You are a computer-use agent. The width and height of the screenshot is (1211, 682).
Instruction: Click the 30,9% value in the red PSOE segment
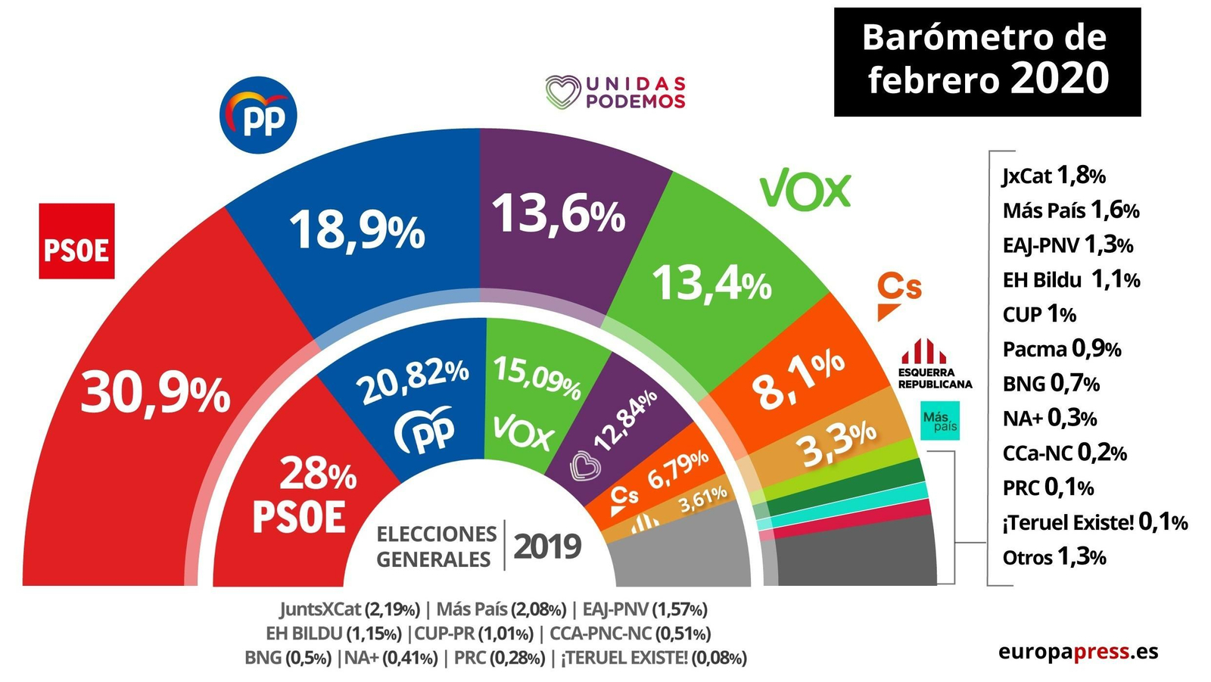(x=155, y=394)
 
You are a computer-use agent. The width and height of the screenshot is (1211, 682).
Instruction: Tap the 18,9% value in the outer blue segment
(x=356, y=229)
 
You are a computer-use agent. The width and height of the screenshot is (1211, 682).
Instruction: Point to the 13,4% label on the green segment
(x=711, y=284)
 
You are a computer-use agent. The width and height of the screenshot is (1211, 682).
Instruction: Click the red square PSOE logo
(x=76, y=241)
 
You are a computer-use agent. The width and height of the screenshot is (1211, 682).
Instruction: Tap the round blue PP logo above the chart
(x=258, y=115)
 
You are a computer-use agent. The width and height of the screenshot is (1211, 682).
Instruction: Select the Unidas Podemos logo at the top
(x=615, y=92)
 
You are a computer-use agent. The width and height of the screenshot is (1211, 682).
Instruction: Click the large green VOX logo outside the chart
(x=805, y=189)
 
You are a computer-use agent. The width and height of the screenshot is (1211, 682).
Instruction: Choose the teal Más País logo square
(x=939, y=421)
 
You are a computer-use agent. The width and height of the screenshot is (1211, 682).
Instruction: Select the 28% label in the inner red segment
(x=318, y=475)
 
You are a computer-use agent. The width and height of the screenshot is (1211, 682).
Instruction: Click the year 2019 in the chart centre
(x=546, y=546)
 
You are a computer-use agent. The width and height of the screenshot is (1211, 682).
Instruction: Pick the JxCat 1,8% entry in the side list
(x=1054, y=176)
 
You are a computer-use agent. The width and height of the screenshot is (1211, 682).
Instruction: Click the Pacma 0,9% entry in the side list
(x=1061, y=349)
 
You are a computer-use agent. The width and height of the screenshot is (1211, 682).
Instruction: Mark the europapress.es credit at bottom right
(x=1077, y=651)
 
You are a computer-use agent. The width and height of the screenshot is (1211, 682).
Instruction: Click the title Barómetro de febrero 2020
(x=986, y=61)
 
